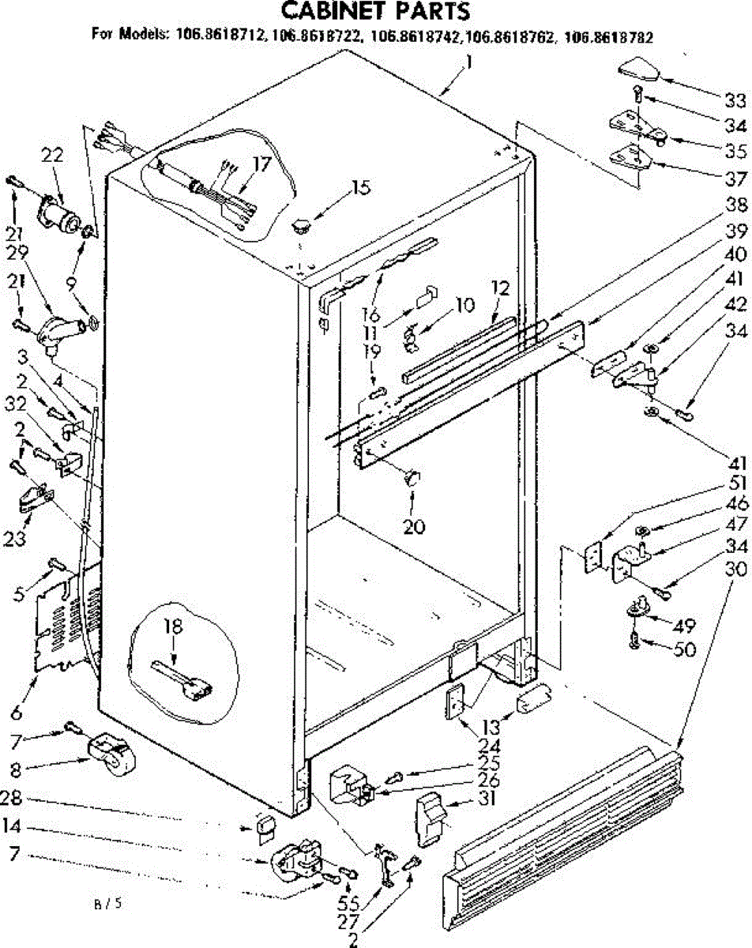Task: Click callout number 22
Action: (53, 157)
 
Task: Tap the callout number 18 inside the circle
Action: (173, 627)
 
